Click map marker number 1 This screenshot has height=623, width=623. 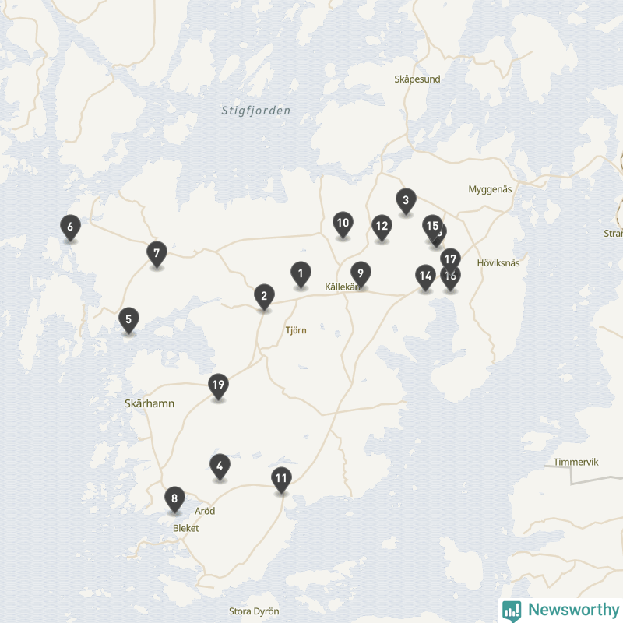coord(301,273)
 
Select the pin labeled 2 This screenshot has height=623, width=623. coord(264,296)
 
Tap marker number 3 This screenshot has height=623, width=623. coord(406,201)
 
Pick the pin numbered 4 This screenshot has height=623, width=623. coord(220,466)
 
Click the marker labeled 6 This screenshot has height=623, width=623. coord(70,227)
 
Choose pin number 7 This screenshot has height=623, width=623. coord(157,253)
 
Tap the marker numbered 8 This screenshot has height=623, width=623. coord(174,498)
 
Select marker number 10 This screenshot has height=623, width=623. coord(343,224)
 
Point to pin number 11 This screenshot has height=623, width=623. coord(282,479)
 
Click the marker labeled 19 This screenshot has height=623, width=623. coord(218,385)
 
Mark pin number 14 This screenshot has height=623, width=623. coord(425,276)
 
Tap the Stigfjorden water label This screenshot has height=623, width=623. coord(255,111)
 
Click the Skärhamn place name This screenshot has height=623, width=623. coord(150,403)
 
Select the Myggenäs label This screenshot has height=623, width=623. coord(490,189)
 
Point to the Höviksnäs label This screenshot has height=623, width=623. coord(498,263)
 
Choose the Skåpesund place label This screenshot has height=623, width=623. coord(417,79)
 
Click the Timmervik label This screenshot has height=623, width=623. coord(575,462)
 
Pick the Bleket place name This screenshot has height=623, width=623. coord(186,528)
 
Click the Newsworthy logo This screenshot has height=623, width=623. coord(560,610)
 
